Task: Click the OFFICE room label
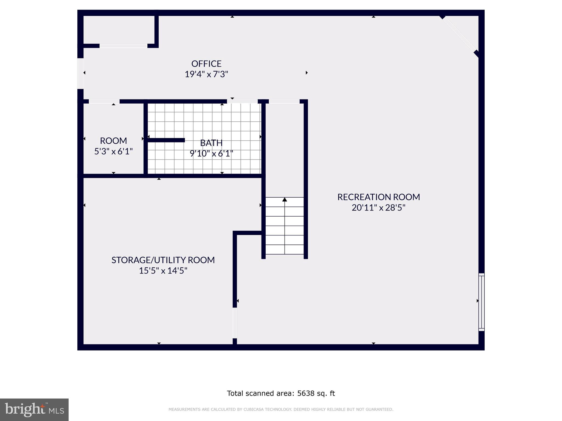point(206,64)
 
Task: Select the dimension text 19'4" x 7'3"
point(206,74)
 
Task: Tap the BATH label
point(211,143)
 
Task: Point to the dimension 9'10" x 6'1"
point(211,153)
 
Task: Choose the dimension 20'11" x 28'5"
point(378,208)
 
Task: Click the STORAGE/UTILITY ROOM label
point(163,260)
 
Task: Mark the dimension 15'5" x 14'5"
point(163,271)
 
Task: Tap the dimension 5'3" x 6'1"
point(113,151)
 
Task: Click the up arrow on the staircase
point(285,200)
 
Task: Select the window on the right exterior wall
point(481,302)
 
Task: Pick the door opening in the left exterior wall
point(80,73)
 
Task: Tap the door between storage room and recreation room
point(235,323)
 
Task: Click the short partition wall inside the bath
point(166,140)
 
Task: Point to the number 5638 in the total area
point(305,393)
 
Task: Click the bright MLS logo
point(34,409)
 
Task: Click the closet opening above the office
point(123,46)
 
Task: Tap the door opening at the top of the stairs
point(284,101)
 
